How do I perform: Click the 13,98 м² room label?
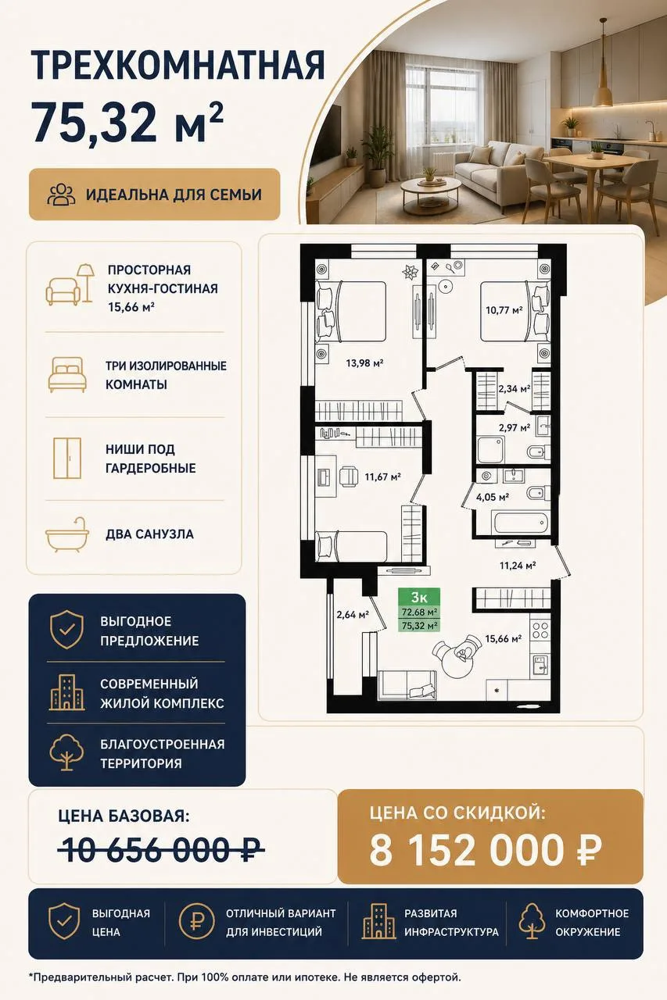coord(364,363)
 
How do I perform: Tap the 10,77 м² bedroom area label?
coord(504,309)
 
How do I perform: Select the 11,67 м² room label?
coord(382,477)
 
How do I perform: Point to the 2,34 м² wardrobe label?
coord(515,388)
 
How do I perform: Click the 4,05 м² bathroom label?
coord(493,497)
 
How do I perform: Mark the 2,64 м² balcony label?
coord(353,615)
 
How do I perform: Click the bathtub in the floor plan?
coord(520,522)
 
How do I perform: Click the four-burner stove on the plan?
coord(540,630)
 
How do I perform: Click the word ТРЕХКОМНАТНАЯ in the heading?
coord(178,66)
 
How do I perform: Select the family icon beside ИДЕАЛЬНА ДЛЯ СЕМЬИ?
coord(62,195)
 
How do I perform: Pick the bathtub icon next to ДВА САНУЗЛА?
coord(67,535)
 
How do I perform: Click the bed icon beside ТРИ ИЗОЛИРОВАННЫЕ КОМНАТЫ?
coord(67,374)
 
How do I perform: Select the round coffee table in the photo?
coord(431,192)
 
